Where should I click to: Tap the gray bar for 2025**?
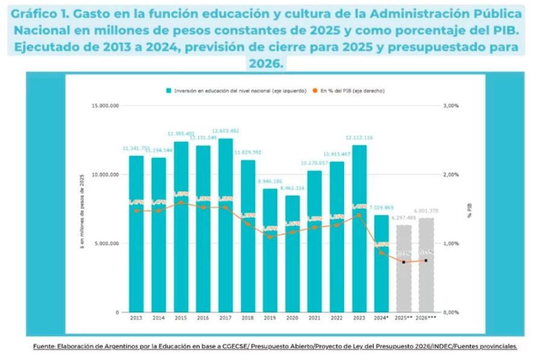[x=404, y=268]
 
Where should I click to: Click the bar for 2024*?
[x=381, y=264]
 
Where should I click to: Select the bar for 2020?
[x=292, y=254]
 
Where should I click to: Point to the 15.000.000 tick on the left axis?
[x=105, y=106]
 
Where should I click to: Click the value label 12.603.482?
[x=226, y=131]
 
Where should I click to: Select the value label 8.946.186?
[x=270, y=182]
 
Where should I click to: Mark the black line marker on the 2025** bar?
[x=404, y=262]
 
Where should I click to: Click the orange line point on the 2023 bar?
[x=359, y=215]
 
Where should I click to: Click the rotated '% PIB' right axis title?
[x=469, y=209]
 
